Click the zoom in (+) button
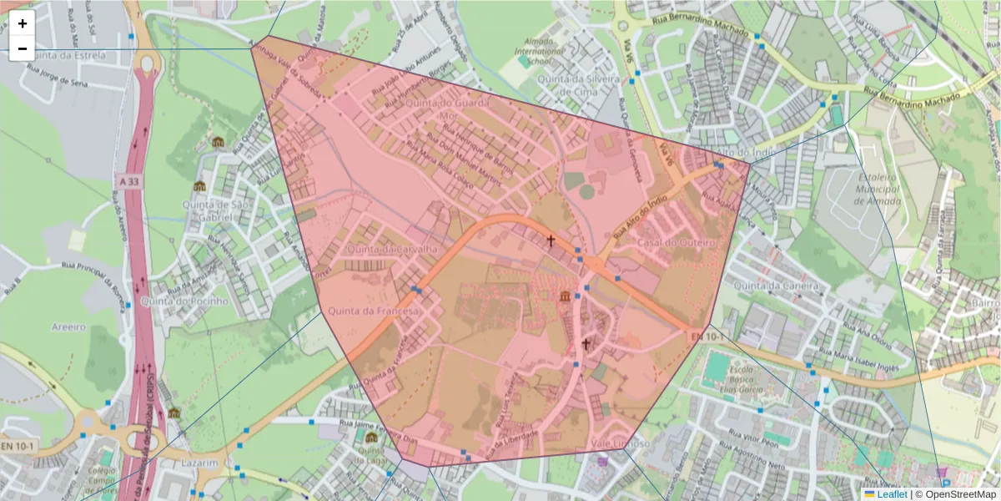point(23,23)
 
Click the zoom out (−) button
point(23,48)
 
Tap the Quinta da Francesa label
point(373,311)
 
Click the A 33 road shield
point(129,180)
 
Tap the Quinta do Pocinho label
point(184,301)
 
